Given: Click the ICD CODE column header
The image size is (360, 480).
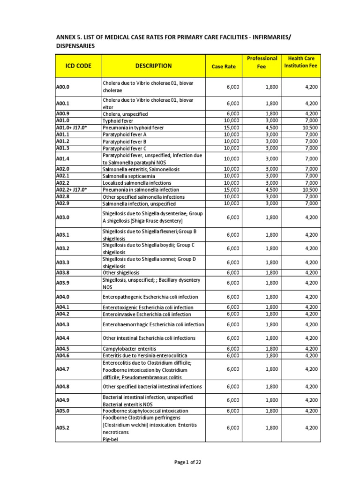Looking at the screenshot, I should [78, 66].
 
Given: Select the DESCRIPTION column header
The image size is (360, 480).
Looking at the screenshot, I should [153, 66].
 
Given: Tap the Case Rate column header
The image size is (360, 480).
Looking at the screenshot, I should [224, 67].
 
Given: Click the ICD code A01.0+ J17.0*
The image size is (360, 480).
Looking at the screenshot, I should [72, 127].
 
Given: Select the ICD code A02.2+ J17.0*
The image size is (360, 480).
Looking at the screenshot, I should [72, 189].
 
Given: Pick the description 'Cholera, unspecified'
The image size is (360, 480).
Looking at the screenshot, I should [125, 114].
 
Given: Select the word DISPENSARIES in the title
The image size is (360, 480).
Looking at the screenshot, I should [75, 46].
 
